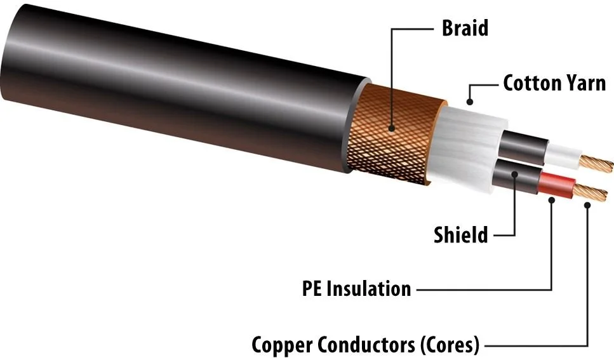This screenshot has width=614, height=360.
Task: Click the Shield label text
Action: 461,236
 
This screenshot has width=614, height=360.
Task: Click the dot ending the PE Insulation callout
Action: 552,200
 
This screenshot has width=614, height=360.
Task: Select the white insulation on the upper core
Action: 562,154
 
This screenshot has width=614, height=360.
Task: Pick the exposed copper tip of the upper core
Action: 594,163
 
